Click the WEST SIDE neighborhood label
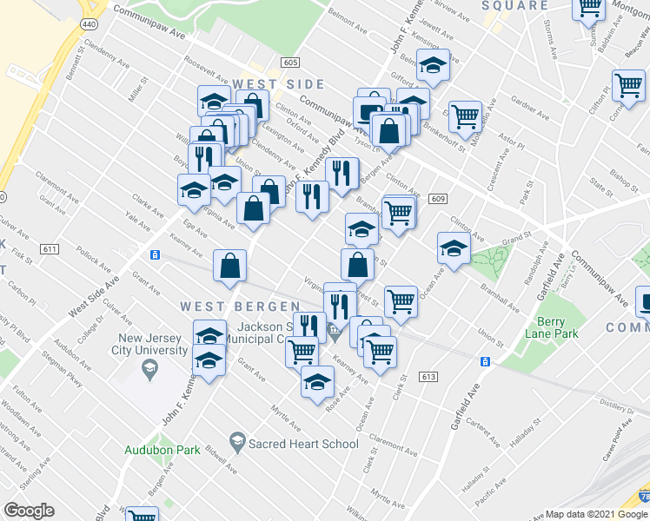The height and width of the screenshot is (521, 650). coord(278,85)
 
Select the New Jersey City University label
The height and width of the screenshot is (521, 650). coord(154,345)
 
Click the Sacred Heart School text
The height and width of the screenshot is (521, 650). coord(303,444)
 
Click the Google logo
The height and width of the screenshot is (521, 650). coord(29,511)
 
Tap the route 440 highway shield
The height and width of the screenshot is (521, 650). coord(88,24)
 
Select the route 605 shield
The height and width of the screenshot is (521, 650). coord(290,63)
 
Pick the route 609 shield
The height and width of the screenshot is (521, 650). coord(437,199)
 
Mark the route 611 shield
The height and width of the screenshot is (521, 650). coord(50,249)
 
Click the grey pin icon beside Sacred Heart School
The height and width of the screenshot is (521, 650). coord(237,444)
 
